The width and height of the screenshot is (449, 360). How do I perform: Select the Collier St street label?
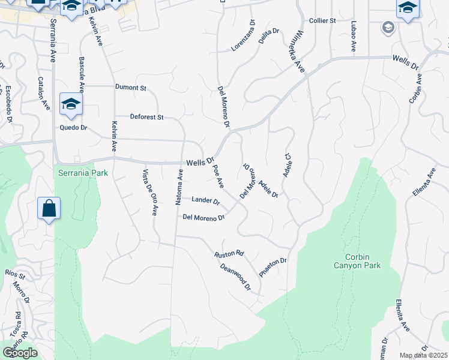click(322, 20)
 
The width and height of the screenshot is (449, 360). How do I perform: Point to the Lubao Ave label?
click(354, 37)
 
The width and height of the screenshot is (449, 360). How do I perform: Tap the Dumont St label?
click(131, 88)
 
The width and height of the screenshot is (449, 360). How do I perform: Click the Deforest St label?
click(146, 117)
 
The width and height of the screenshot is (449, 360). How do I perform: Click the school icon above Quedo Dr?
click(71, 104)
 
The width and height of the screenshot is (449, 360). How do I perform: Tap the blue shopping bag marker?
click(49, 209)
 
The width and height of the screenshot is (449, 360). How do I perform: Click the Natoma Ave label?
click(179, 187)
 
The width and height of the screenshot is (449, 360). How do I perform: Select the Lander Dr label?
click(205, 200)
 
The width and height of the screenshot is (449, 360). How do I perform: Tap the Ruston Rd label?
click(229, 254)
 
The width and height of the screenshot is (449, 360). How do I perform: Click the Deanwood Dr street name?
click(235, 276)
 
